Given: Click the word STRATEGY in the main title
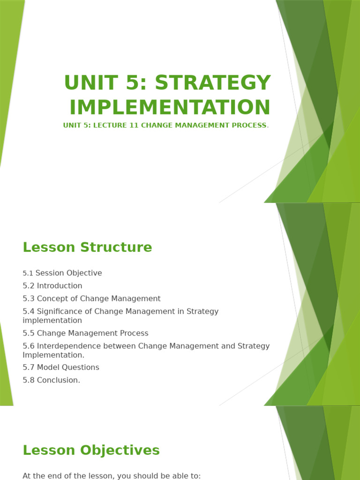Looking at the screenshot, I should [213, 83].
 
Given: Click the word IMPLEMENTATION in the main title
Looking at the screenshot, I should [170, 107].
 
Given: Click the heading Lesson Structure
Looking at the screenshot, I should [87, 247].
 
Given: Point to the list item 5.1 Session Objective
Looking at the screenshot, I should [62, 273].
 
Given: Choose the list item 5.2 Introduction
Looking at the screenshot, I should [52, 286].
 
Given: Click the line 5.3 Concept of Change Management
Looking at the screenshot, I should [91, 299].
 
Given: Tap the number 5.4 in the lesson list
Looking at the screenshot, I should [29, 311].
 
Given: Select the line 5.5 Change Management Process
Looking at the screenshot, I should [85, 333].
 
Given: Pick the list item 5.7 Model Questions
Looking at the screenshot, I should [61, 367].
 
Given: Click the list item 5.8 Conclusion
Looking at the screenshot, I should [52, 380].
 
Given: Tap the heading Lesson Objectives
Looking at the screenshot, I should [91, 450].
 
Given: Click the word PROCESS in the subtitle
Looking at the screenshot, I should [250, 126].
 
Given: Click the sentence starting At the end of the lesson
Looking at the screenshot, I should [112, 476].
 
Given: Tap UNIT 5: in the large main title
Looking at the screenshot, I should [106, 83].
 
